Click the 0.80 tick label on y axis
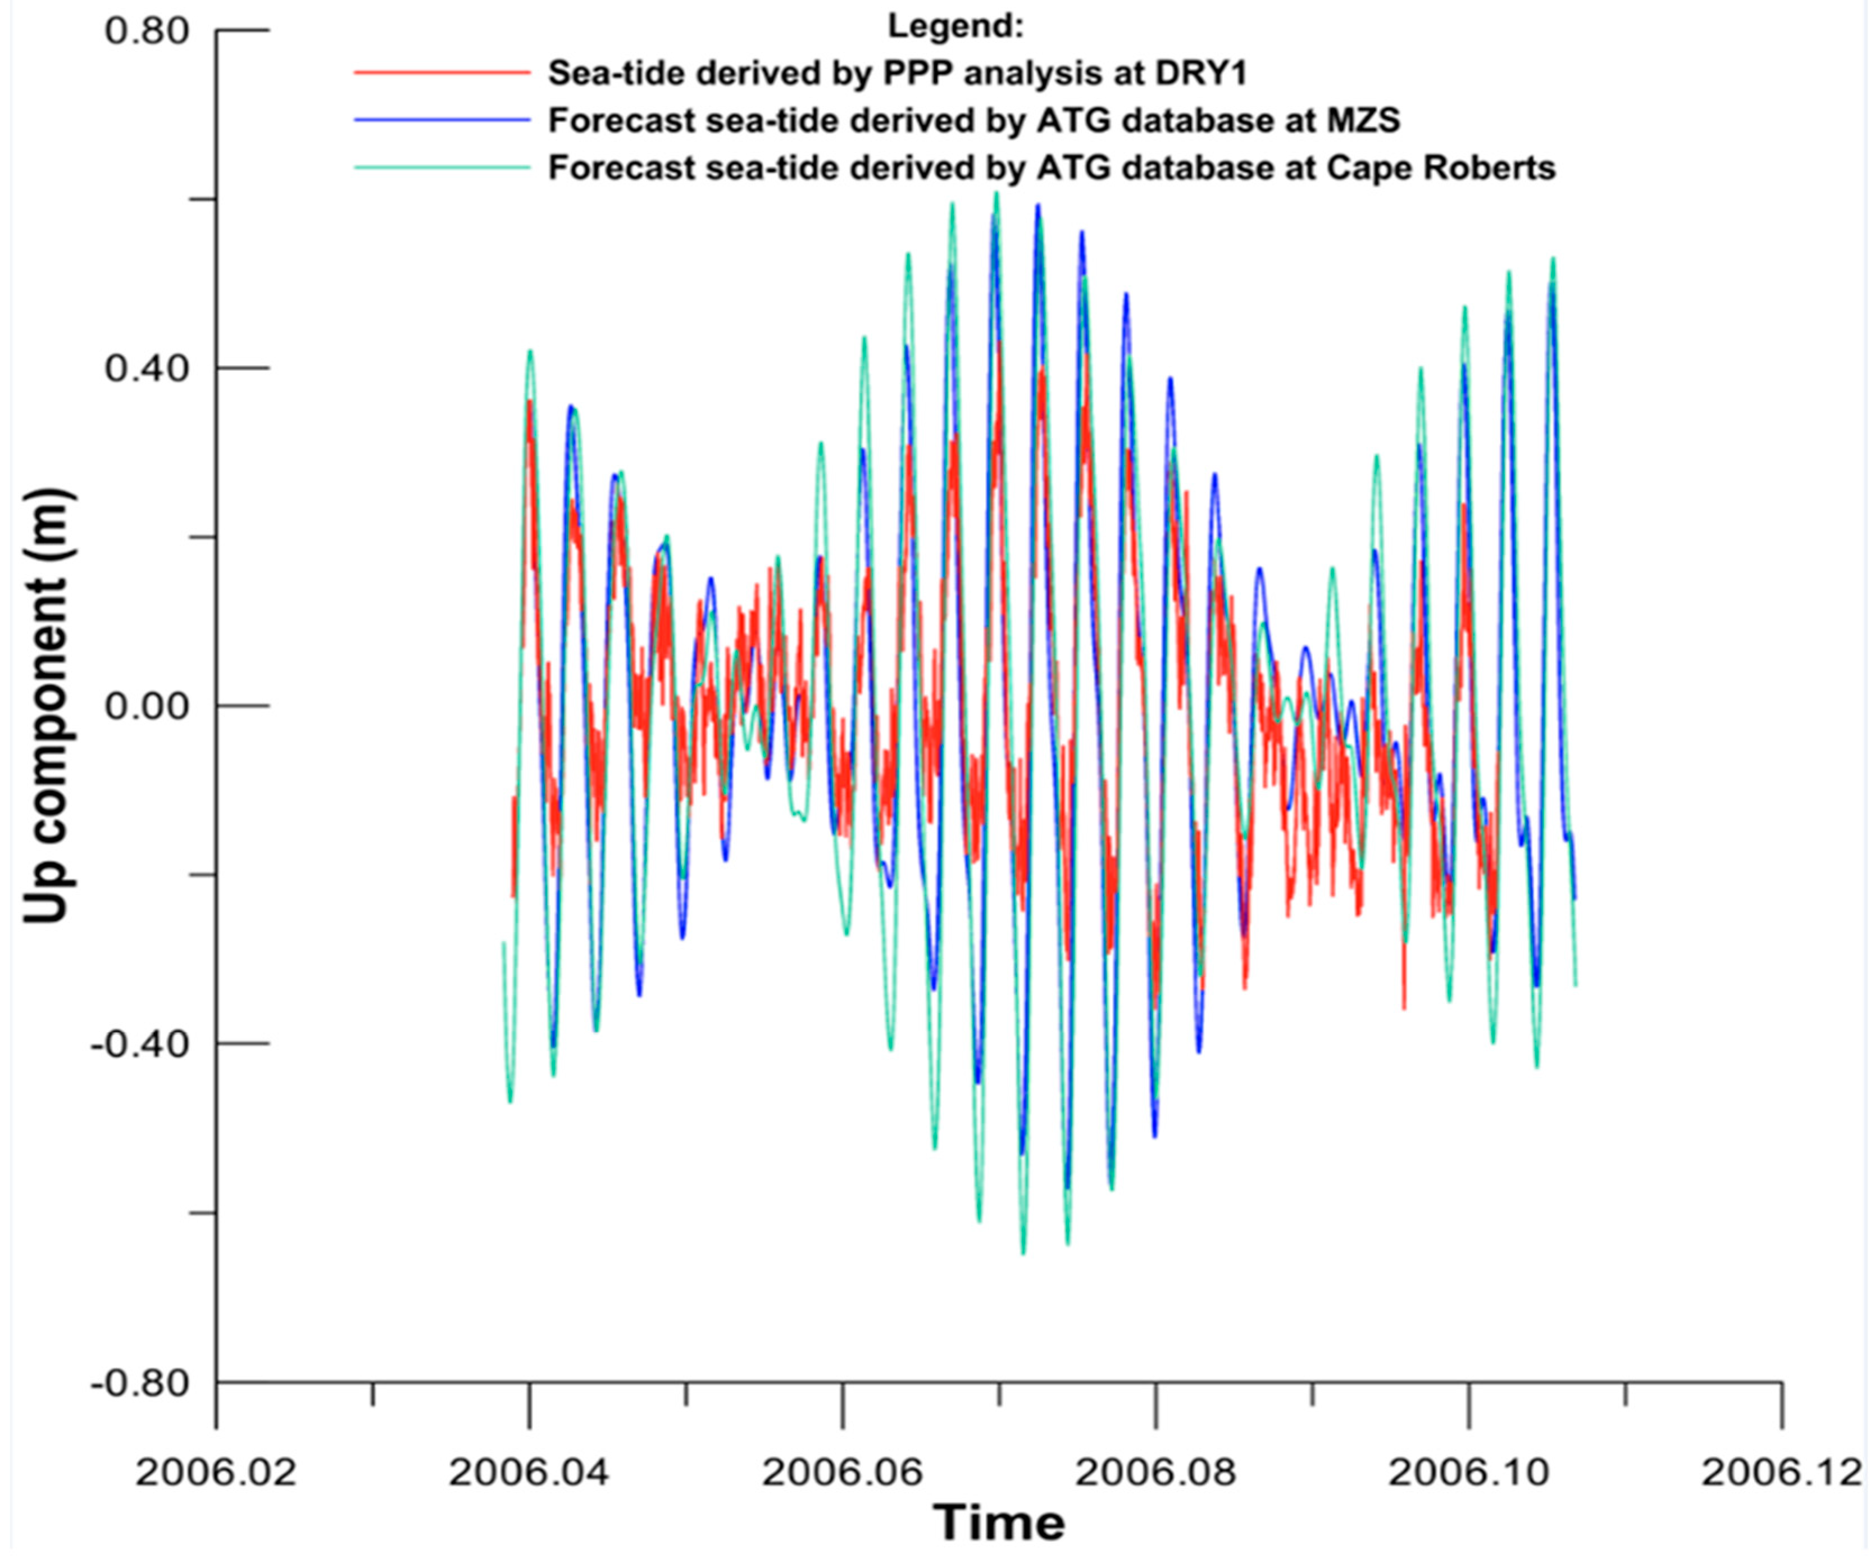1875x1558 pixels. pos(147,31)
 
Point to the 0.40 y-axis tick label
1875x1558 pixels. pos(147,368)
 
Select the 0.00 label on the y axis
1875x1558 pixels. pos(147,706)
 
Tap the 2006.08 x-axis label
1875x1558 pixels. pos(1155,1472)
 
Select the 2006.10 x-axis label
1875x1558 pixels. pos(1469,1472)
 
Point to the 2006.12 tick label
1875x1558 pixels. pos(1781,1472)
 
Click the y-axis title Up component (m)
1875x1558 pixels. pos(47,705)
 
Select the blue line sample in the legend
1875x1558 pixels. pos(442,120)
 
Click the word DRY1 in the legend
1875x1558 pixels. pos(1201,72)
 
